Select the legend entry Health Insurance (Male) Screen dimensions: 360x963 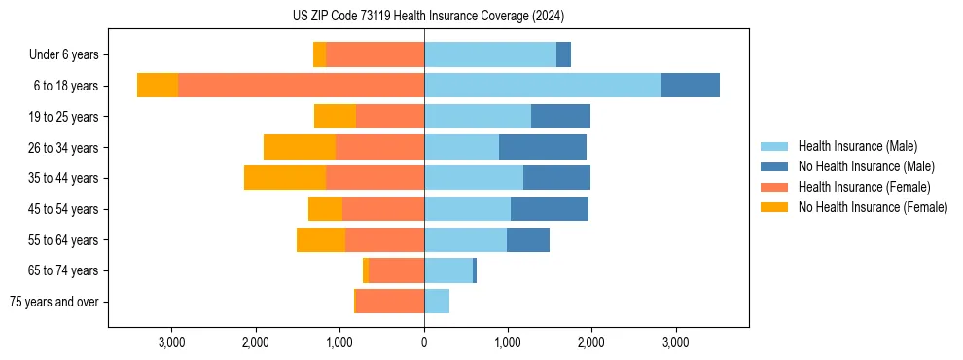(856, 146)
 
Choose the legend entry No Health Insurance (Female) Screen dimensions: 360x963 (872, 207)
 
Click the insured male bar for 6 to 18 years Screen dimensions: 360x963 (543, 86)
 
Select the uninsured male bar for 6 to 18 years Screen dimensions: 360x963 (691, 86)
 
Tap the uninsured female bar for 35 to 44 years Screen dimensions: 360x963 (285, 178)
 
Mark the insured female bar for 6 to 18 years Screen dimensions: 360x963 (301, 86)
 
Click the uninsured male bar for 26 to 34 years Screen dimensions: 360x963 (543, 147)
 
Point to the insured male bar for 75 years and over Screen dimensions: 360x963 (437, 302)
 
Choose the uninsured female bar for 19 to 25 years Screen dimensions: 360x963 (335, 117)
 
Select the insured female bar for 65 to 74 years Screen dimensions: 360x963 (396, 270)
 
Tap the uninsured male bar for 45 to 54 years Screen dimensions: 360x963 (550, 209)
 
